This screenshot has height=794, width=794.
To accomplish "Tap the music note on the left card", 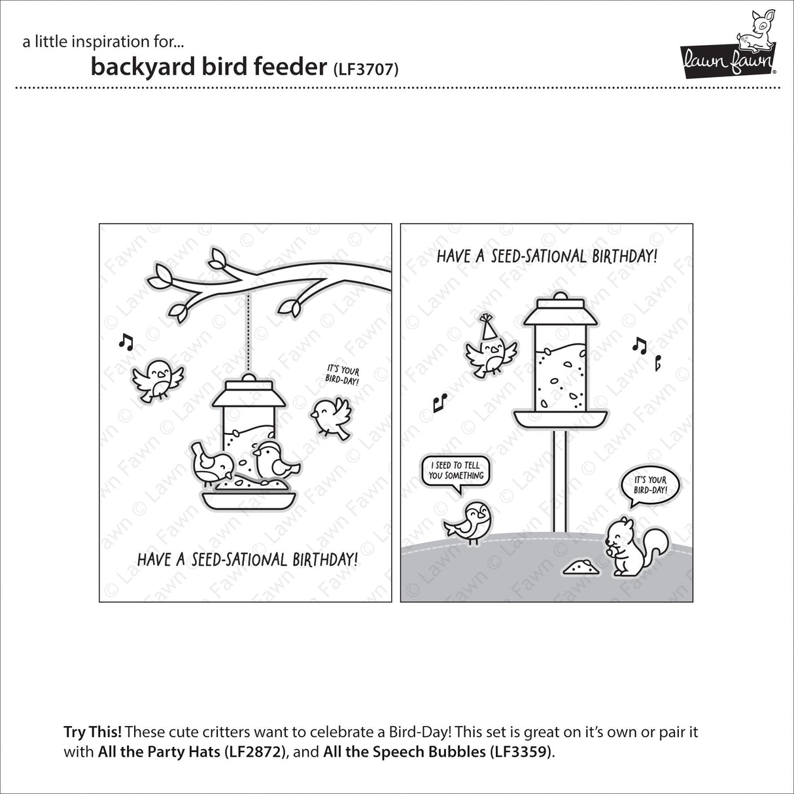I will coord(125,340).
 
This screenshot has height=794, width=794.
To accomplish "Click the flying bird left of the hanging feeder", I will coord(158,378).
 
